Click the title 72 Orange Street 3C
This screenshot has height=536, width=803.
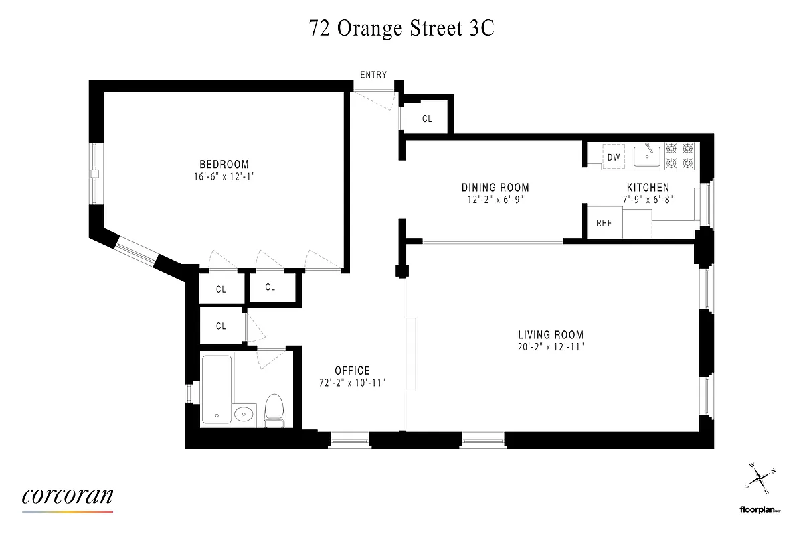pyautogui.click(x=401, y=29)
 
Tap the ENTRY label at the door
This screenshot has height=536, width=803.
pyautogui.click(x=373, y=75)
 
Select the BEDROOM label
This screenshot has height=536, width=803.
pyautogui.click(x=224, y=164)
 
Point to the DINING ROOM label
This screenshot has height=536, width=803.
pyautogui.click(x=495, y=188)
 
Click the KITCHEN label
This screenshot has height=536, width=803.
pyautogui.click(x=647, y=188)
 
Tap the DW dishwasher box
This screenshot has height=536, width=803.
pyautogui.click(x=614, y=157)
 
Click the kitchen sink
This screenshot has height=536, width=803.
pyautogui.click(x=647, y=156)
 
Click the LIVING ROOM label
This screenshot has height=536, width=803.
pyautogui.click(x=551, y=335)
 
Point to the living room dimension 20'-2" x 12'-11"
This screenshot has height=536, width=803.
pyautogui.click(x=551, y=347)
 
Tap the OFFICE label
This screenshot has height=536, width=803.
pyautogui.click(x=352, y=371)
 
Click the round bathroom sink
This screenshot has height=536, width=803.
pyautogui.click(x=245, y=414)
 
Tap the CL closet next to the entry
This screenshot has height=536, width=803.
pyautogui.click(x=427, y=119)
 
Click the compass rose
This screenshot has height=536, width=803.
pyautogui.click(x=760, y=478)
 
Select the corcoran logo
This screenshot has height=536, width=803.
pyautogui.click(x=68, y=496)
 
